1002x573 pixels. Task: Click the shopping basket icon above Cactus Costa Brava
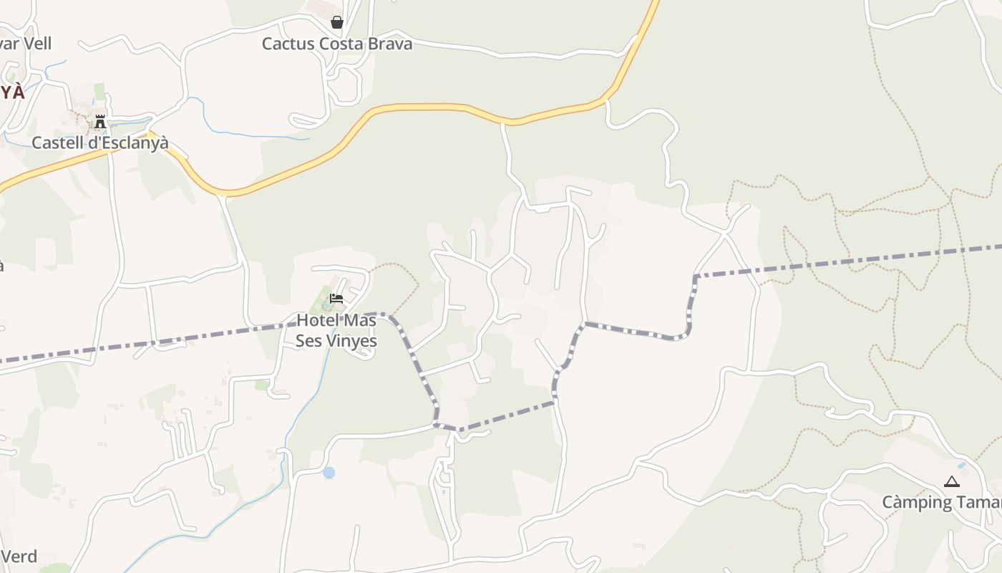tap(337, 23)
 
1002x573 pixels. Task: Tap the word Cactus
tap(288, 44)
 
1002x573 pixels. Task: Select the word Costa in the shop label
tap(341, 44)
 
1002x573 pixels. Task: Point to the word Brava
tap(390, 44)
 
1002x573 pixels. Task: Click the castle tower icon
tap(100, 122)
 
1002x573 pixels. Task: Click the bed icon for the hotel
tap(336, 298)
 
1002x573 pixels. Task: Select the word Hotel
tap(316, 320)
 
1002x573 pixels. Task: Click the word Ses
tap(308, 341)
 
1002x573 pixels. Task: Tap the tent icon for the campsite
tap(951, 482)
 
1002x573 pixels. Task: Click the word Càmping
tap(917, 502)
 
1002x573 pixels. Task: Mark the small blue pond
tap(329, 473)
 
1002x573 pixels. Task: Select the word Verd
tap(19, 557)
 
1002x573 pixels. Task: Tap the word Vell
tap(37, 44)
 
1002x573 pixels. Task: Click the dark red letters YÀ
tap(11, 92)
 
